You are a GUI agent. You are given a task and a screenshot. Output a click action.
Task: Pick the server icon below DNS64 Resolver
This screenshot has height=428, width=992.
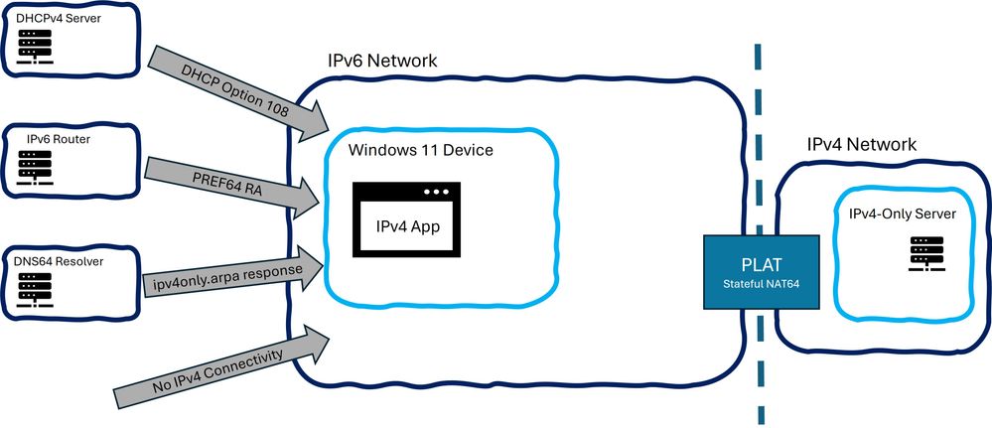click(37, 288)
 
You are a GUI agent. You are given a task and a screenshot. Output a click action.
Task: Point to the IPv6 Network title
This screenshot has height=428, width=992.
click(382, 62)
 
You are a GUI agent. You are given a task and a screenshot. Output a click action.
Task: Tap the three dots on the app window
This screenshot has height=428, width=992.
click(436, 191)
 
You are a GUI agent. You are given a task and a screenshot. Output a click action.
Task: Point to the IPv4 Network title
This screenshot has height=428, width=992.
click(861, 145)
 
